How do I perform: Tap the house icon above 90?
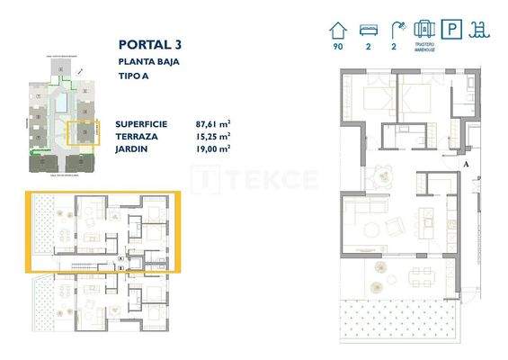(338, 30)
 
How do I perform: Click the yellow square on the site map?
(84, 134)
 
